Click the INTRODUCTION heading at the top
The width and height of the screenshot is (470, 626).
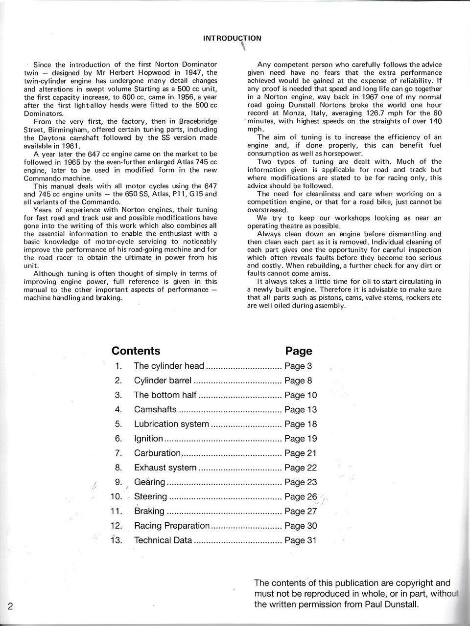pos(232,38)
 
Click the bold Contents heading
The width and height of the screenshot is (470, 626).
pos(136,351)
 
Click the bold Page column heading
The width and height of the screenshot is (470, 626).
pos(298,351)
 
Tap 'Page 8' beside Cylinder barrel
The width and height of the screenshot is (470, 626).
pos(298,380)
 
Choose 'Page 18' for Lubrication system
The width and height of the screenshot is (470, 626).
pos(300,424)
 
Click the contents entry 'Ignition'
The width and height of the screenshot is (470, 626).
pos(148,439)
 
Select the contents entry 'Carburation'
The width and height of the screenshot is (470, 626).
pos(157,453)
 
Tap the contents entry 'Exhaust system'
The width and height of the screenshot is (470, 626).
pos(165,468)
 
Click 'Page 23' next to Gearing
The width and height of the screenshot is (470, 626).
pos(300,482)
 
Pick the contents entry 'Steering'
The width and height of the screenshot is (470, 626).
pos(150,497)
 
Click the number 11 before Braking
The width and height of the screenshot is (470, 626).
pos(116,511)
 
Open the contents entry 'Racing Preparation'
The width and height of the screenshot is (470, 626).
pos(171,526)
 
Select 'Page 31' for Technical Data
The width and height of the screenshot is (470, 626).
pos(300,540)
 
